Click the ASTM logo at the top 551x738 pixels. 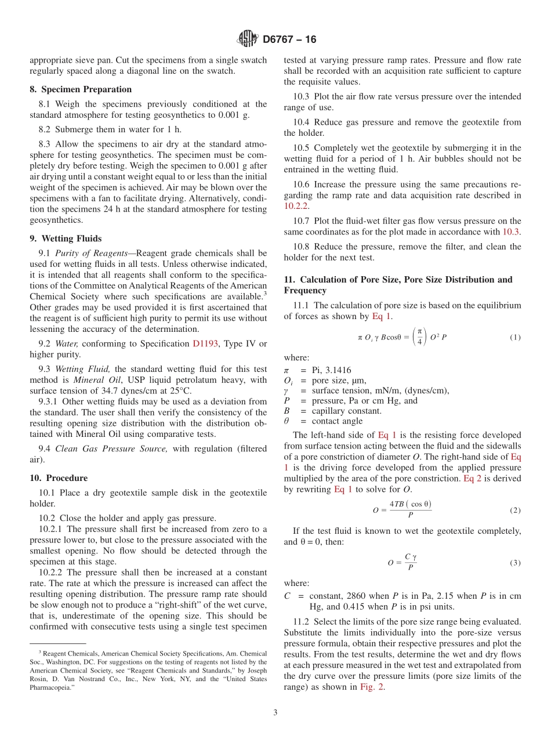click(247, 39)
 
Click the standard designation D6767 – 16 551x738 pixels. click(289, 40)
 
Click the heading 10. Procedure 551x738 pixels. click(59, 478)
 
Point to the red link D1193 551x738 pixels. click(205, 344)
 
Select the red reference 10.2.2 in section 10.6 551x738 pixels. click(296, 206)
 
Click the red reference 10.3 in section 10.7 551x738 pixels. click(512, 231)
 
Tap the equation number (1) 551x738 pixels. click(514, 338)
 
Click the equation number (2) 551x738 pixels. click(514, 511)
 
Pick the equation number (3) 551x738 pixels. click(514, 563)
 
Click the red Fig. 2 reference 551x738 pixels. click(371, 687)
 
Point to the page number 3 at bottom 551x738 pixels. click(275, 712)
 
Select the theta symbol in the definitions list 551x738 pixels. click(286, 421)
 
